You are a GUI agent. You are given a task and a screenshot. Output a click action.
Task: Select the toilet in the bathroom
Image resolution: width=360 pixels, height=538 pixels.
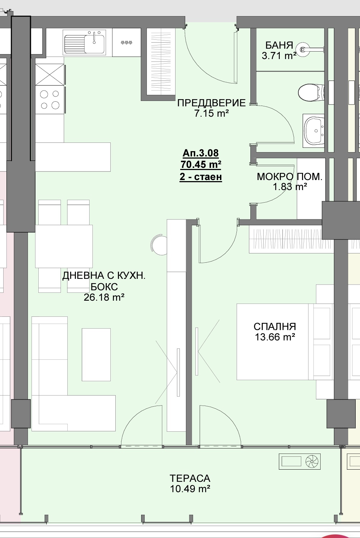pos(311,92)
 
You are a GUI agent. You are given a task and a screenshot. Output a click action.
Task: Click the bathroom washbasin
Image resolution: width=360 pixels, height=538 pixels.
pos(314,131)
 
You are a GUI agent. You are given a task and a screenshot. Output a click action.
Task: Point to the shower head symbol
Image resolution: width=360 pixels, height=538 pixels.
pos(302,49)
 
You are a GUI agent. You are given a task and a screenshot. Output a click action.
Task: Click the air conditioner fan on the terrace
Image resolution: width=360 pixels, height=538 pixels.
pos(312,461)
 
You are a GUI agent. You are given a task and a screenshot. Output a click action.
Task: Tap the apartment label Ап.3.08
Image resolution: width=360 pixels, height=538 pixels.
pos(201,153)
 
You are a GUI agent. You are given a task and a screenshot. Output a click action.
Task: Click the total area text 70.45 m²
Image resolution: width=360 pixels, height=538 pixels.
pos(201,165)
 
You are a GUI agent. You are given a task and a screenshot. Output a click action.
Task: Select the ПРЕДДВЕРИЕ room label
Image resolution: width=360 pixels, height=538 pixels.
pos(211,103)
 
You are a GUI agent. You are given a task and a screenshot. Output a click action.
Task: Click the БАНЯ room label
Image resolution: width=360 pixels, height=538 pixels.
pos(279,45)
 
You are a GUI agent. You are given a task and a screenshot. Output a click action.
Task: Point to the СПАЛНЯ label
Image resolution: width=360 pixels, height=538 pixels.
pos(275,326)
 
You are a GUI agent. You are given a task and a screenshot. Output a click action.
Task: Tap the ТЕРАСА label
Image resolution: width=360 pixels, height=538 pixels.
pos(190,478)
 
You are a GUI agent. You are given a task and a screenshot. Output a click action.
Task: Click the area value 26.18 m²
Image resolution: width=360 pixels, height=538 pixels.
pos(104,297)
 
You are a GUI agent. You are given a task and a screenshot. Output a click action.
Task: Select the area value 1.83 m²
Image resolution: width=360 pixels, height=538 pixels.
pos(290,186)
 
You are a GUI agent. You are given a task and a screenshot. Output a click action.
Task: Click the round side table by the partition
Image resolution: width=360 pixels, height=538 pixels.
pos(159,245)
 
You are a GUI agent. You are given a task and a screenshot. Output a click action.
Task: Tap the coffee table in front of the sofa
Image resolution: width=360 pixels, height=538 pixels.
pos(96,354)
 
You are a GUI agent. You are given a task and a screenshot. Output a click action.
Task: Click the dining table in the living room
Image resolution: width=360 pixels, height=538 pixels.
pos(64,246)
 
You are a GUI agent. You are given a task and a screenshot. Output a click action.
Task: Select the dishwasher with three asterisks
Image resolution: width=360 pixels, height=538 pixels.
pos(126,43)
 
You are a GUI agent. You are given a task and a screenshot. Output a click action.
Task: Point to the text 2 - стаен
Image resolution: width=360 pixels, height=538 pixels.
pos(201,177)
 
